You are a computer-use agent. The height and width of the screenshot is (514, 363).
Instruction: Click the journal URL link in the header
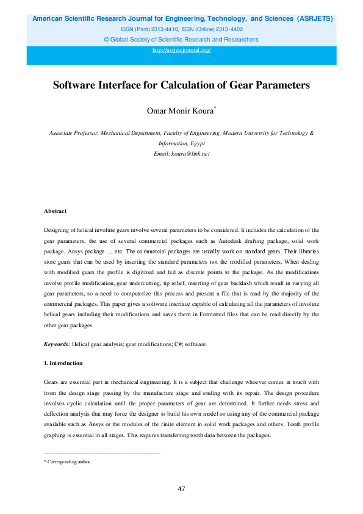(181, 50)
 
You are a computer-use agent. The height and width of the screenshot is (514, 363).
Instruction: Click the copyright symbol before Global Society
(107, 40)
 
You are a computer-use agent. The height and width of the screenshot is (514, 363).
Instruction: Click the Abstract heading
(56, 211)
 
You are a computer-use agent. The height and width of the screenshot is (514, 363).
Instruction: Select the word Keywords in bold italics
(57, 345)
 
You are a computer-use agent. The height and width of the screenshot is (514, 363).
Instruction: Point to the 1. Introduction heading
(63, 363)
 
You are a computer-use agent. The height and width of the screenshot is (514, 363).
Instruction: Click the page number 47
(181, 488)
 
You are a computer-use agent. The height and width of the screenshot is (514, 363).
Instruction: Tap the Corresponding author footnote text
(70, 462)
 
